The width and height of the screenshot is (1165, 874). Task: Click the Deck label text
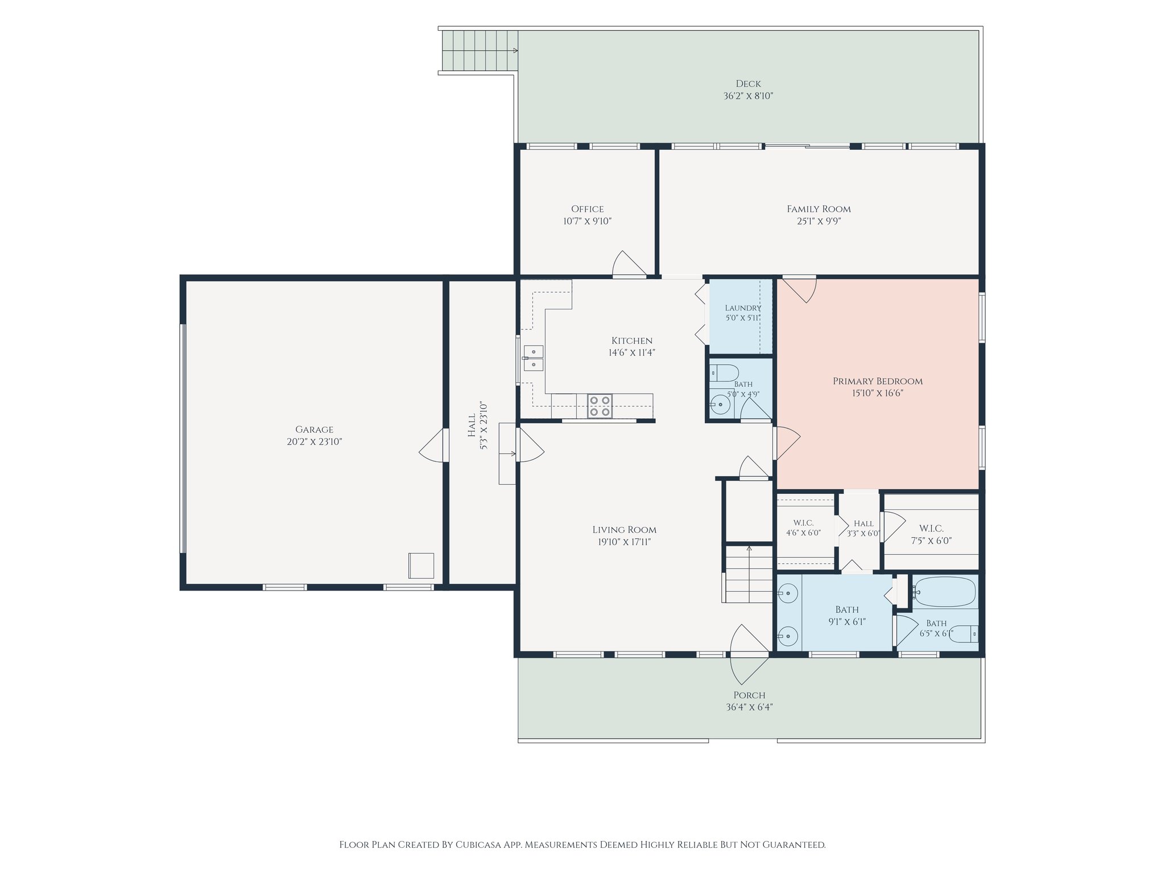748,84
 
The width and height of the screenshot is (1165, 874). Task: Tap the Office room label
588,209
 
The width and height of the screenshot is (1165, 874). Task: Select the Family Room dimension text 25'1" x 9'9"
819,221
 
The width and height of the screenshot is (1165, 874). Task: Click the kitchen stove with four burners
600,406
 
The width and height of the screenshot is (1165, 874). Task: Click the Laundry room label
743,308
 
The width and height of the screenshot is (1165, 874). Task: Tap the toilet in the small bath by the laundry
724,373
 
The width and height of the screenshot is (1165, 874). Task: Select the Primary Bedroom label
878,381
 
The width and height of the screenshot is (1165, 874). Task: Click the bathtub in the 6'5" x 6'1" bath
944,592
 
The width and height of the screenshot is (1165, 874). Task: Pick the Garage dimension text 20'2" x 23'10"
314,442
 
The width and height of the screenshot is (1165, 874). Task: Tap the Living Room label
624,530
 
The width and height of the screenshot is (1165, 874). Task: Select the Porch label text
749,695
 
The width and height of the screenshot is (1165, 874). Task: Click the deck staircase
480,50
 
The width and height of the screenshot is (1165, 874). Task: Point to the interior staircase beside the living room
749,574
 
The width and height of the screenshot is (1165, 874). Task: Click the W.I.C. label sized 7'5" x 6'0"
931,529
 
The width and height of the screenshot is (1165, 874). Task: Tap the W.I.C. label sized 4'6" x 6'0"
803,523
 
